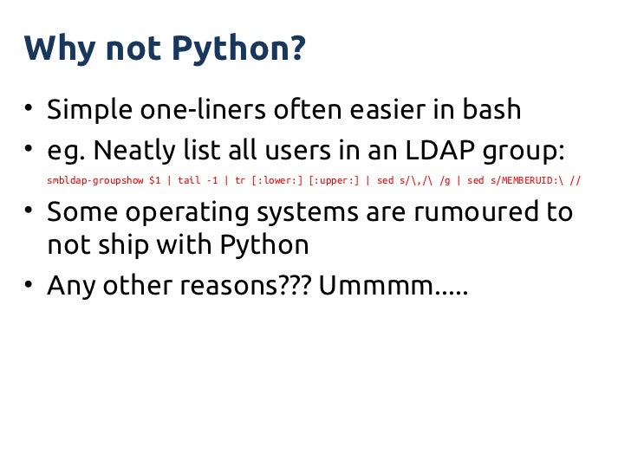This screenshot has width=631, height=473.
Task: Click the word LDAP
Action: point(428,152)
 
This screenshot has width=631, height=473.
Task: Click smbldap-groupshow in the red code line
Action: point(94,183)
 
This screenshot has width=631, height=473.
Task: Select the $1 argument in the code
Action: point(154,183)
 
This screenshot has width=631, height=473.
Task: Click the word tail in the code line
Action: point(189,183)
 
